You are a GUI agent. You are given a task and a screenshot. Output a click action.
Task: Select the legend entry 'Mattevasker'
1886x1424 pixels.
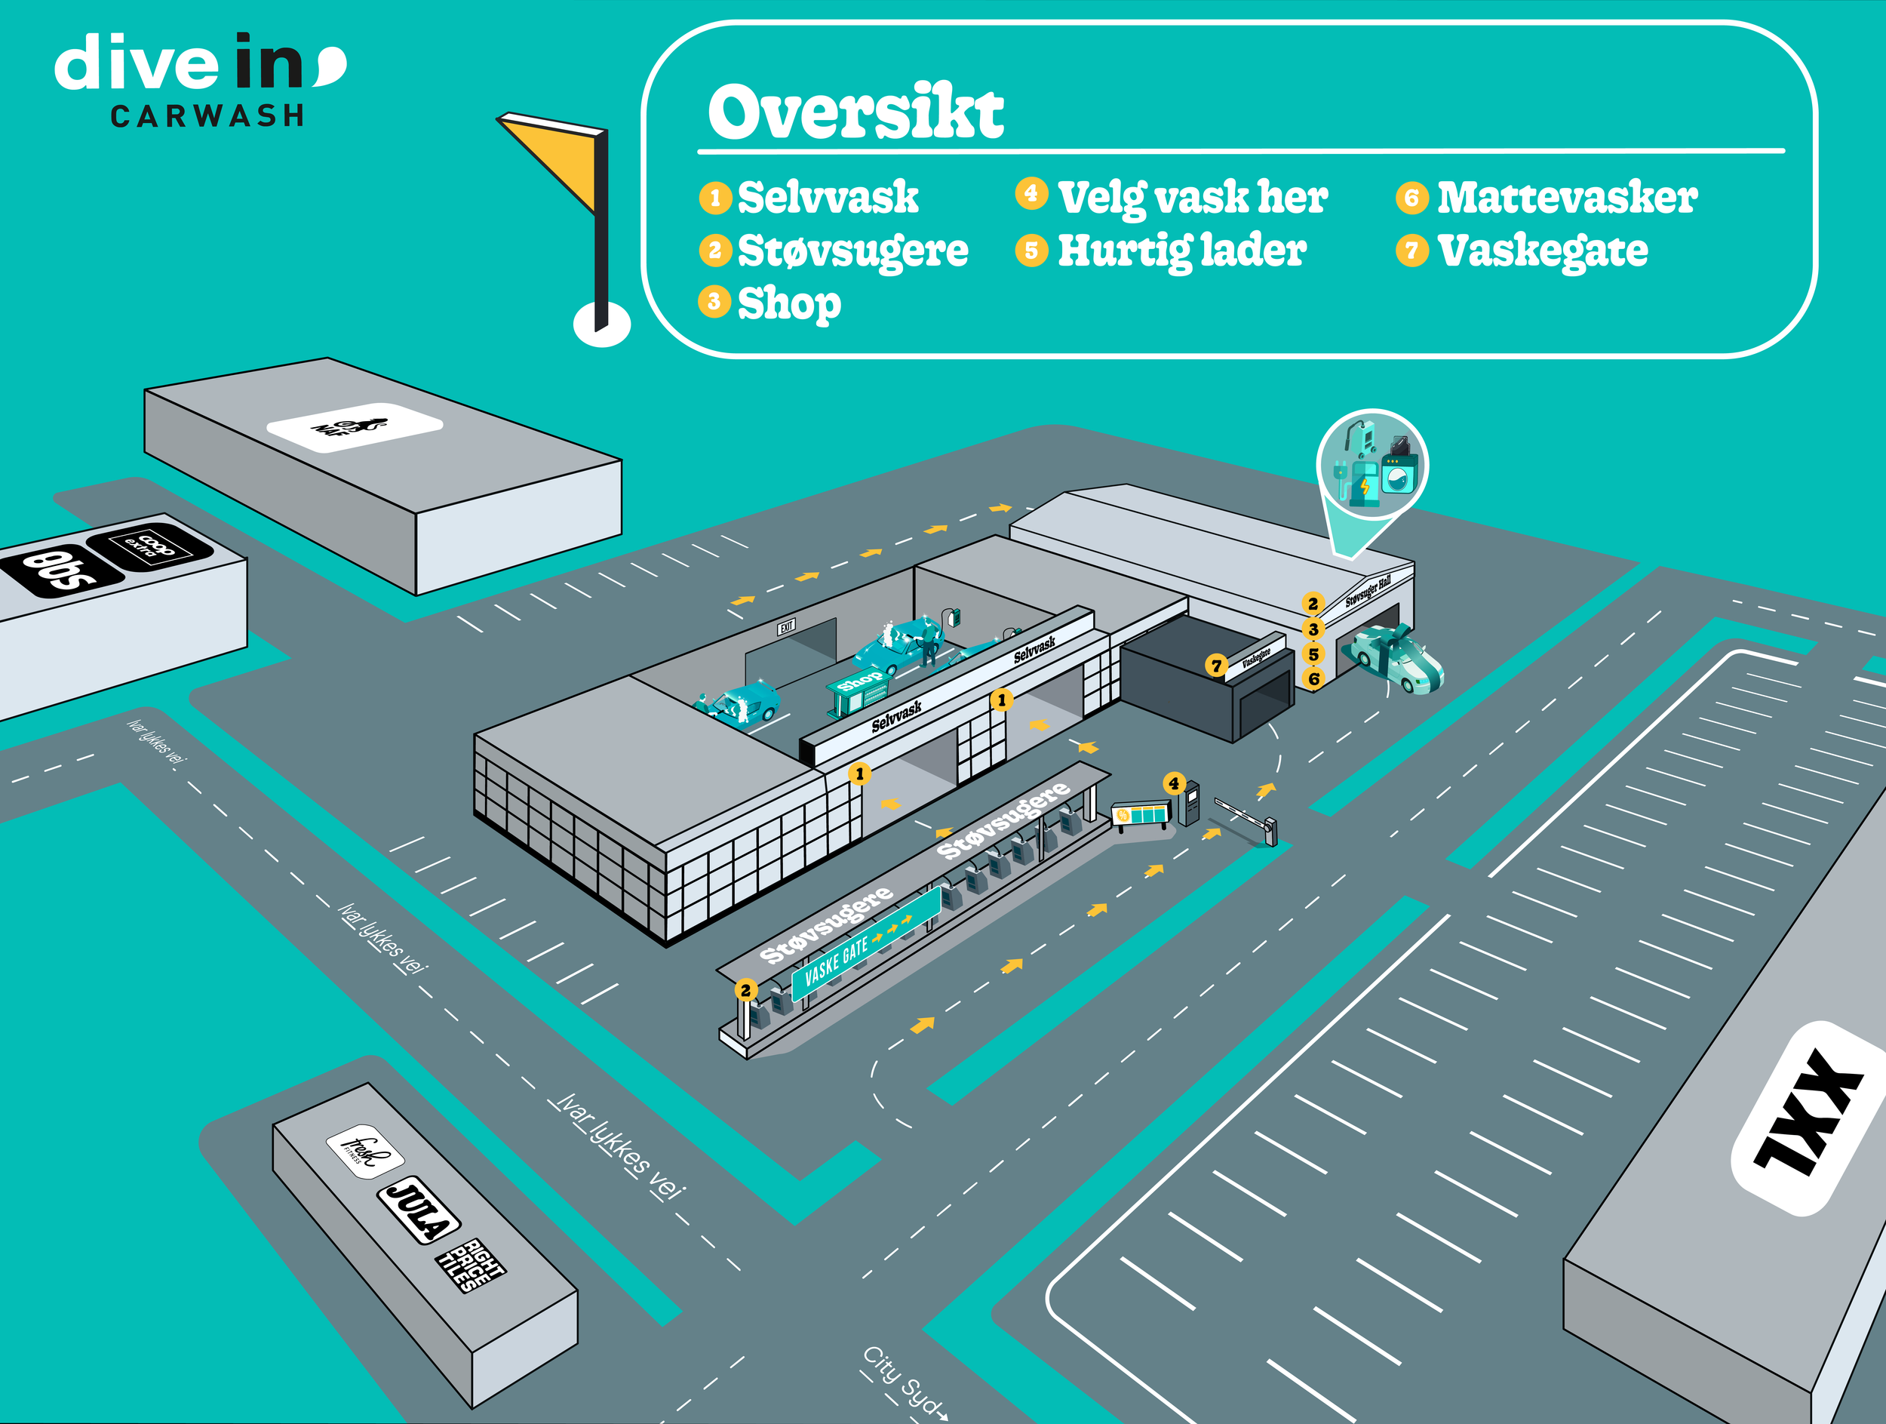tap(1566, 197)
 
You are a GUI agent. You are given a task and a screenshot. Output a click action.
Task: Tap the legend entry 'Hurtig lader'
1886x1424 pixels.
tap(1181, 250)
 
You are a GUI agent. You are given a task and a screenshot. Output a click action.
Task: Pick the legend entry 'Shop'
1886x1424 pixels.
tap(788, 303)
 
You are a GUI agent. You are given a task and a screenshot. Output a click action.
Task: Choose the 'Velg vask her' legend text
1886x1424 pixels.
tap(1192, 197)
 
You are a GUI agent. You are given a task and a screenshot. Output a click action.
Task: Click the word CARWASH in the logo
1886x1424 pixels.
tap(207, 116)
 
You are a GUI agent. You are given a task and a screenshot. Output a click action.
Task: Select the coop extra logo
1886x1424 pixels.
tap(150, 545)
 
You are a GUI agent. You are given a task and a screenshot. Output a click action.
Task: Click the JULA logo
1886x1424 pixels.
tap(418, 1211)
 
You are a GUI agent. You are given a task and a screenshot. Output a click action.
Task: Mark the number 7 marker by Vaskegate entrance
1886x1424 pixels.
tap(1217, 665)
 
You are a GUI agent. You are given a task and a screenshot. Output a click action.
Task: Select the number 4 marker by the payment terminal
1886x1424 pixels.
tap(1174, 783)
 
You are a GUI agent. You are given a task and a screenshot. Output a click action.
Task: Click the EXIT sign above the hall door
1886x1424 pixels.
tap(786, 627)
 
